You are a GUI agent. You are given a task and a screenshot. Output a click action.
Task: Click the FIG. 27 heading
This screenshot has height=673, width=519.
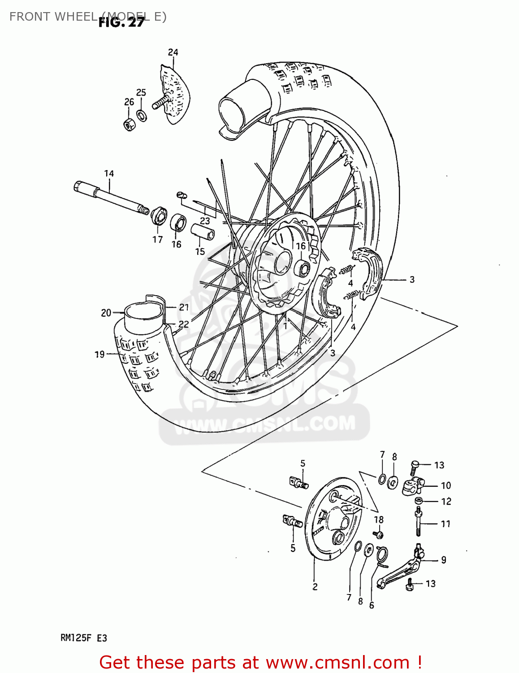[x=121, y=22]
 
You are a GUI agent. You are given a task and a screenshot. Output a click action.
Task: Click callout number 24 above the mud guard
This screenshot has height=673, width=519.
[x=173, y=52]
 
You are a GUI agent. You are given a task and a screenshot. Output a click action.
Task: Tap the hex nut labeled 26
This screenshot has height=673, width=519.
[x=129, y=124]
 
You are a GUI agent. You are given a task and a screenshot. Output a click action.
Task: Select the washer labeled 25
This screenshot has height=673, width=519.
[x=142, y=116]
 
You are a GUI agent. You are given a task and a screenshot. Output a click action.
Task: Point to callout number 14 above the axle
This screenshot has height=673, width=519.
[x=109, y=174]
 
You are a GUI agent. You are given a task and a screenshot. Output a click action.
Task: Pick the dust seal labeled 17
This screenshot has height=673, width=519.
[x=159, y=216]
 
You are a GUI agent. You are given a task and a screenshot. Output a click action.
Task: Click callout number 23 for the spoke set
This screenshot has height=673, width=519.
[x=205, y=221]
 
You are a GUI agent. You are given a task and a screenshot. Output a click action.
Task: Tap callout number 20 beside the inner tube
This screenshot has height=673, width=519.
[x=106, y=313]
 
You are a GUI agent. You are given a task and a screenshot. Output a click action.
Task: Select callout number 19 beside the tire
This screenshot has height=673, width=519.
[x=99, y=354]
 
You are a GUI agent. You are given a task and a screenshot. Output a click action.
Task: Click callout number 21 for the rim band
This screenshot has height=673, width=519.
[x=184, y=307]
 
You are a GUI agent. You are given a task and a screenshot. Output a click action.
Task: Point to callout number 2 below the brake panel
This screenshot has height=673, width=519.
[x=315, y=587]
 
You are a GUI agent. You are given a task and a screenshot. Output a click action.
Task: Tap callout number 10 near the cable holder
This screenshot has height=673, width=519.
[x=446, y=485]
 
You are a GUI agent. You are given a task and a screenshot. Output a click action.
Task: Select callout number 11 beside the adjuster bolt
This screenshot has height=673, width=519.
[x=445, y=524]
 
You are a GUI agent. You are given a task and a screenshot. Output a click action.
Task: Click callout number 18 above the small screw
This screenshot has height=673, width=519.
[x=379, y=520]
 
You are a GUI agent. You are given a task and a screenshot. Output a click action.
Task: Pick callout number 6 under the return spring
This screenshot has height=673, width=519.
[x=372, y=606]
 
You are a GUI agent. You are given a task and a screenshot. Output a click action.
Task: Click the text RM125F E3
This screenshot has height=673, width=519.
[x=84, y=638]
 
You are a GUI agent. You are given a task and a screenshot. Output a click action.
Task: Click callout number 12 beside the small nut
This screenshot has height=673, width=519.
[x=446, y=502]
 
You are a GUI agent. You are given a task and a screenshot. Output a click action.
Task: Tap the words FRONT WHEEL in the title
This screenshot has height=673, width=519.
[x=53, y=17]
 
